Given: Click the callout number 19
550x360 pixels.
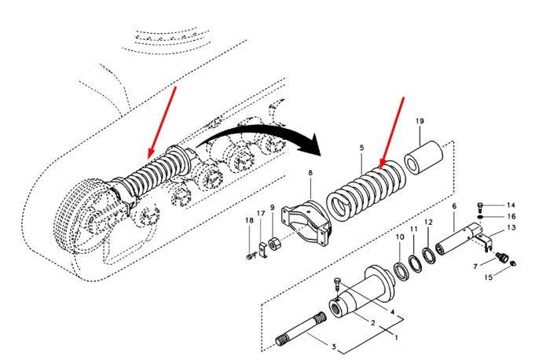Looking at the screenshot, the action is click(x=420, y=121).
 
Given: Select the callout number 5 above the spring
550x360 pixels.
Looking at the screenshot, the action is click(x=362, y=148).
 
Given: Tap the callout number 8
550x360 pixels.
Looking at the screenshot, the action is click(x=310, y=173).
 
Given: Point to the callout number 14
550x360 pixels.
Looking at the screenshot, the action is click(x=511, y=205).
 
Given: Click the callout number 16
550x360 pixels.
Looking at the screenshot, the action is click(x=511, y=216).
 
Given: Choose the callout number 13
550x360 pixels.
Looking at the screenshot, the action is click(x=511, y=228).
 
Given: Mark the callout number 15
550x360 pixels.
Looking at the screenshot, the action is click(x=489, y=277).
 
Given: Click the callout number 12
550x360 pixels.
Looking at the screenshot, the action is click(x=428, y=222).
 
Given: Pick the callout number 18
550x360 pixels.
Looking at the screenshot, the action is click(x=249, y=221).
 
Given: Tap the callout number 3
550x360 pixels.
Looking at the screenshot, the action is click(x=334, y=347).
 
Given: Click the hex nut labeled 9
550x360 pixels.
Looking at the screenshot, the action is click(x=273, y=243).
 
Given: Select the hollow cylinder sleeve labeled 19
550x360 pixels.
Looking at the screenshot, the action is click(x=423, y=157).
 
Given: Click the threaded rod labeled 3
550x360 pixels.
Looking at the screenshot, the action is click(x=301, y=329).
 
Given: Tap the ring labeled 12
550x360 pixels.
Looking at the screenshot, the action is click(x=429, y=255).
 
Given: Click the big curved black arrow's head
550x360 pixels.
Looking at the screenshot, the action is click(x=311, y=145).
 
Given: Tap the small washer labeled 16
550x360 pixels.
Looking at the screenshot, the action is click(x=481, y=217).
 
